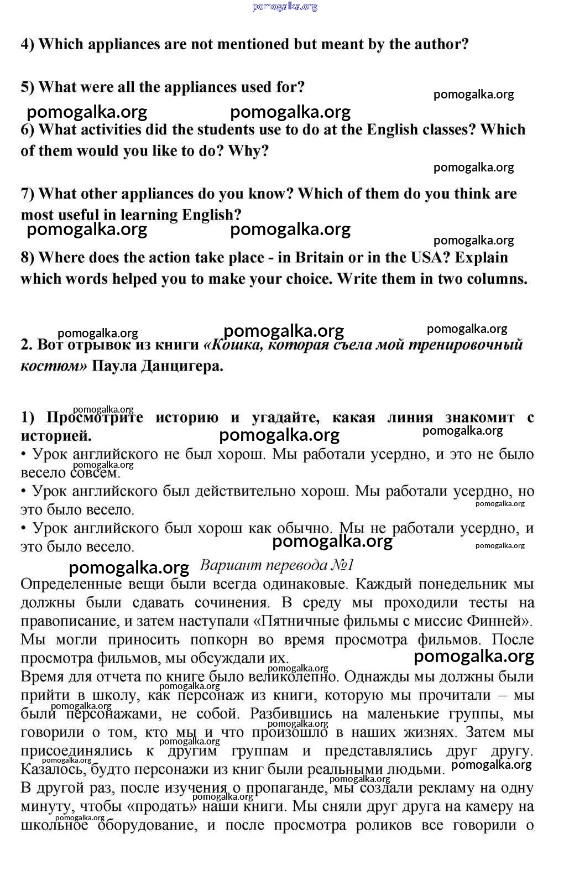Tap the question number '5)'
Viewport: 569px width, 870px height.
click(28, 87)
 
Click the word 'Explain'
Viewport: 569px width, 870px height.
click(481, 258)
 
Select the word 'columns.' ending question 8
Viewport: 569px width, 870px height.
click(497, 279)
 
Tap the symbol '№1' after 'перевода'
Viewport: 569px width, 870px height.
click(342, 565)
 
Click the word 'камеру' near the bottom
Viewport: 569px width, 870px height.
click(496, 806)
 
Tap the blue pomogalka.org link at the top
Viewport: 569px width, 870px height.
click(285, 6)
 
